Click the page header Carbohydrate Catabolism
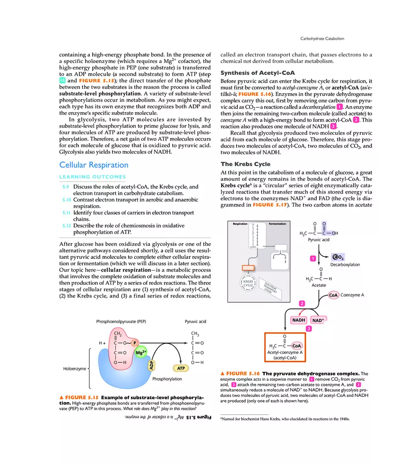coord(322,38)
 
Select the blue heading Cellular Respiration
coord(94,165)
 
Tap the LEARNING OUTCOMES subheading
coord(92,177)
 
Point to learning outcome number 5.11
coord(67,213)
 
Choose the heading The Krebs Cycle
coord(245,164)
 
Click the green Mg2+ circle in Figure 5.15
coord(141,352)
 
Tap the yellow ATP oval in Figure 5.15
coord(180,368)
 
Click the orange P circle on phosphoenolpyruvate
coord(134,342)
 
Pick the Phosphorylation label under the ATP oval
coord(167,379)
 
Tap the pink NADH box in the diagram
coord(299,320)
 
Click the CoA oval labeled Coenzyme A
coord(335,295)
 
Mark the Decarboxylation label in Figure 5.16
coord(345,265)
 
